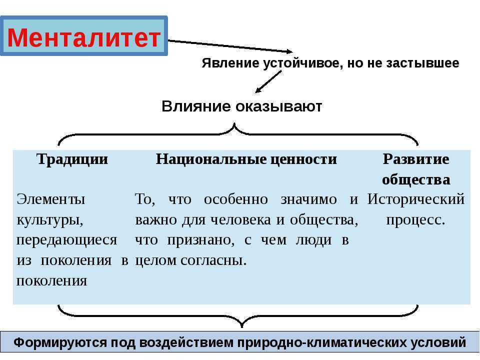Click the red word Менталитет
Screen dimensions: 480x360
pos(84,37)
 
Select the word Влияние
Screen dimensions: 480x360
pos(196,106)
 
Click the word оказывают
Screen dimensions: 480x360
pos(279,107)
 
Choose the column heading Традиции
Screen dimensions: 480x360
pos(72,159)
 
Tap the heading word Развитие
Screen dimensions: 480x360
pos(416,159)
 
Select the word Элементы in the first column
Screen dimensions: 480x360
pos(51,199)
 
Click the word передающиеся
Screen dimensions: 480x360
pos(66,240)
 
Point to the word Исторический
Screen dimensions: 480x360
pos(416,199)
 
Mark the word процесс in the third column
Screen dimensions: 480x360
pos(414,220)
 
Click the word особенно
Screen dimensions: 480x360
pos(235,199)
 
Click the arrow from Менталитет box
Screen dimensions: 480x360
pos(230,46)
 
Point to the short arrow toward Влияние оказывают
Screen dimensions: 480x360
pos(268,81)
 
